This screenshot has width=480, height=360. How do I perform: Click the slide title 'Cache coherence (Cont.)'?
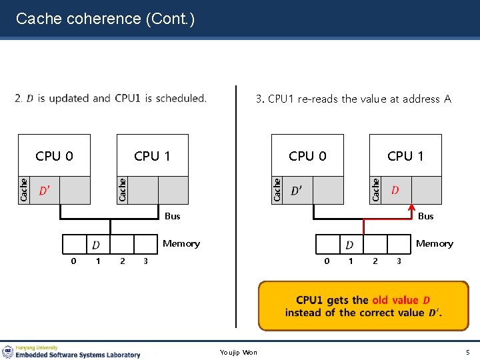pyautogui.click(x=105, y=19)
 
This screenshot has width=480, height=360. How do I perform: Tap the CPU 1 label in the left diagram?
pyautogui.click(x=152, y=156)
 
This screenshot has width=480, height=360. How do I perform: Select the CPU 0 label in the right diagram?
pyautogui.click(x=307, y=156)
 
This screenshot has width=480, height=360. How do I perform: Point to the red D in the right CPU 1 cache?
pyautogui.click(x=395, y=191)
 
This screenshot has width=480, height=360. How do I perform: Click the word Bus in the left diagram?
pyautogui.click(x=172, y=216)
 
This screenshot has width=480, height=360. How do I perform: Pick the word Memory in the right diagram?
pyautogui.click(x=434, y=243)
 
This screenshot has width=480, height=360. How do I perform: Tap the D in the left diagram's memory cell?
pyautogui.click(x=96, y=245)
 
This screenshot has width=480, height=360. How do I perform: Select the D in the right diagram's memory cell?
pyautogui.click(x=349, y=245)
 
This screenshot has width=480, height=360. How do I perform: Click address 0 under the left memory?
pyautogui.click(x=73, y=261)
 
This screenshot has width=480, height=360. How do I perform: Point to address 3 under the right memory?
pyautogui.click(x=399, y=261)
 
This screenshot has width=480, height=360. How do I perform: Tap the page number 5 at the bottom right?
pyautogui.click(x=467, y=352)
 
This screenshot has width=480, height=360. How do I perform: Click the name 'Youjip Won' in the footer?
pyautogui.click(x=239, y=352)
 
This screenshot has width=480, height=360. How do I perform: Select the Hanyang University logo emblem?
pyautogui.click(x=8, y=351)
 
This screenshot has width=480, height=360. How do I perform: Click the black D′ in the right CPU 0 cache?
pyautogui.click(x=295, y=191)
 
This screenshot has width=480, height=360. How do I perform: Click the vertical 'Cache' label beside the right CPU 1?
pyautogui.click(x=376, y=189)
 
